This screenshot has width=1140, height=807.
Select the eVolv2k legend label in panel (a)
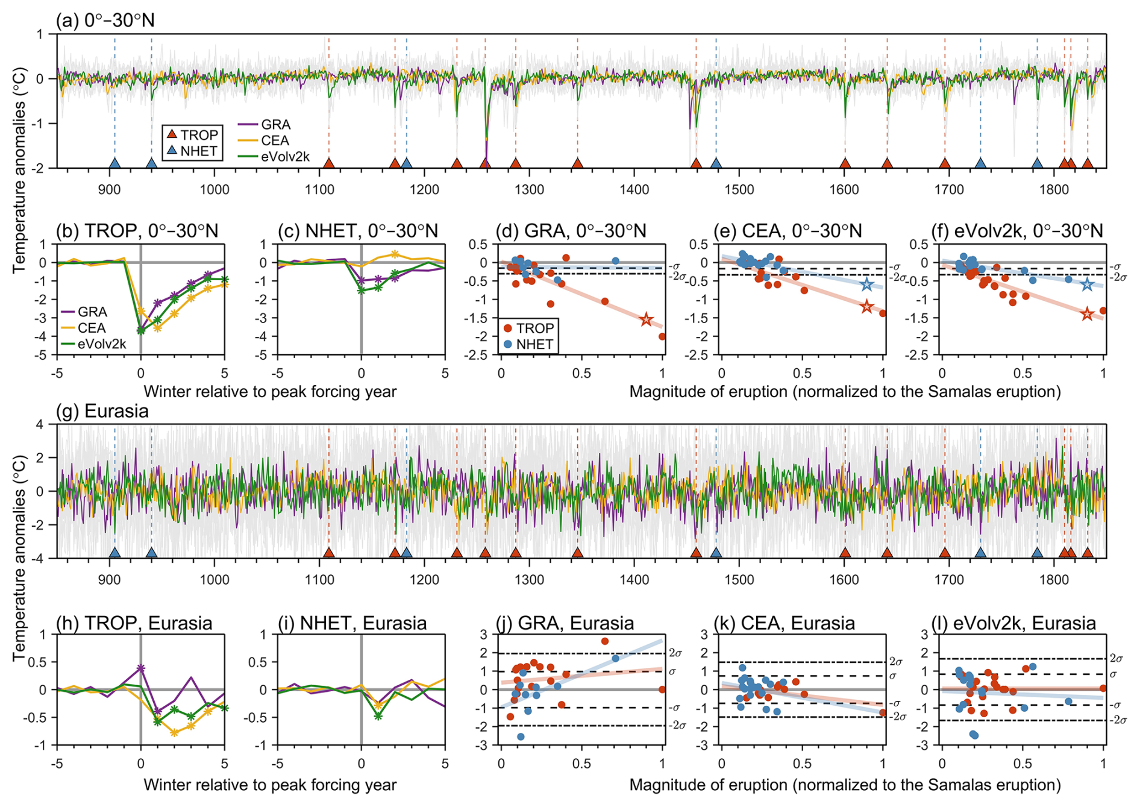pyautogui.click(x=285, y=157)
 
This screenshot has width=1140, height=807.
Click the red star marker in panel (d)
pyautogui.click(x=647, y=319)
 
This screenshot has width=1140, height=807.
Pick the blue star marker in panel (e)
pyautogui.click(x=866, y=285)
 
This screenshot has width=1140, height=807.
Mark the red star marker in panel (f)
pyautogui.click(x=1087, y=314)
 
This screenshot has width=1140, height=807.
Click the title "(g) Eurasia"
pyautogui.click(x=102, y=411)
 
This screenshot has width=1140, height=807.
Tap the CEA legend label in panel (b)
pyautogui.click(x=92, y=328)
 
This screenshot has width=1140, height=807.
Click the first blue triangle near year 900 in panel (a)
pyautogui.click(x=114, y=163)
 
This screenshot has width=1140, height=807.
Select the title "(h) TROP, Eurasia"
pyautogui.click(x=134, y=623)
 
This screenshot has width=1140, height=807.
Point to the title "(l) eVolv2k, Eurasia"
pyautogui.click(x=1014, y=623)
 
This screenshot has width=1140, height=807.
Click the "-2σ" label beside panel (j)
pyautogui.click(x=677, y=726)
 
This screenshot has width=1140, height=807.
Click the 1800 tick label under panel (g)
pyautogui.click(x=1054, y=580)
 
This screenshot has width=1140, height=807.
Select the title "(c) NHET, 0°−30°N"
pyautogui.click(x=358, y=230)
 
